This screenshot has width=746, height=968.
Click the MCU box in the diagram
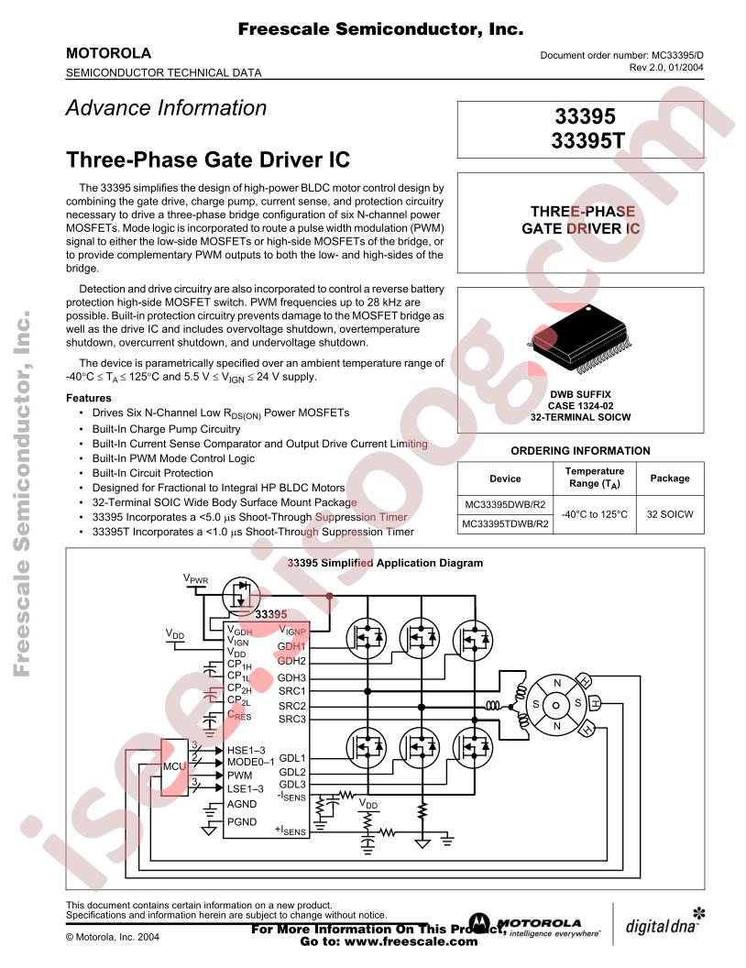(x=175, y=766)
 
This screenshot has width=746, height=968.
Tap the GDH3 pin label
(x=291, y=677)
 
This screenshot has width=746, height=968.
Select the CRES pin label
(x=239, y=715)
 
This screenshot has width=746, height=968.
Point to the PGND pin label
(x=242, y=821)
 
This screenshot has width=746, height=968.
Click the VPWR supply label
(x=195, y=579)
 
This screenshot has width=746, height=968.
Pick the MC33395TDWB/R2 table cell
(x=505, y=524)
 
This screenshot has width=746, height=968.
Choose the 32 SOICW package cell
(x=670, y=514)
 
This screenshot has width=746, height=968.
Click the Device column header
(x=505, y=478)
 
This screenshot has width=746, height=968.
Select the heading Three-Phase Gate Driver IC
(x=208, y=159)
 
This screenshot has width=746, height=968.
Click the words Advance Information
(x=166, y=107)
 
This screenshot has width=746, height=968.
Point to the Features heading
(x=89, y=398)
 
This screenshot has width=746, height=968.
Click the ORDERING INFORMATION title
(x=581, y=451)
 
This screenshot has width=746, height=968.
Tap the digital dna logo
(x=665, y=924)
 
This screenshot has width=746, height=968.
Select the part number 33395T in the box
(x=588, y=141)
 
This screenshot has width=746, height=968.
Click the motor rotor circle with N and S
(x=556, y=705)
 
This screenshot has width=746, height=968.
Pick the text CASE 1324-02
(x=581, y=405)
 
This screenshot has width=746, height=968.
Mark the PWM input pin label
(x=239, y=775)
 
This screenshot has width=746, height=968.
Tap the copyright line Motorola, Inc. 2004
(x=113, y=937)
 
